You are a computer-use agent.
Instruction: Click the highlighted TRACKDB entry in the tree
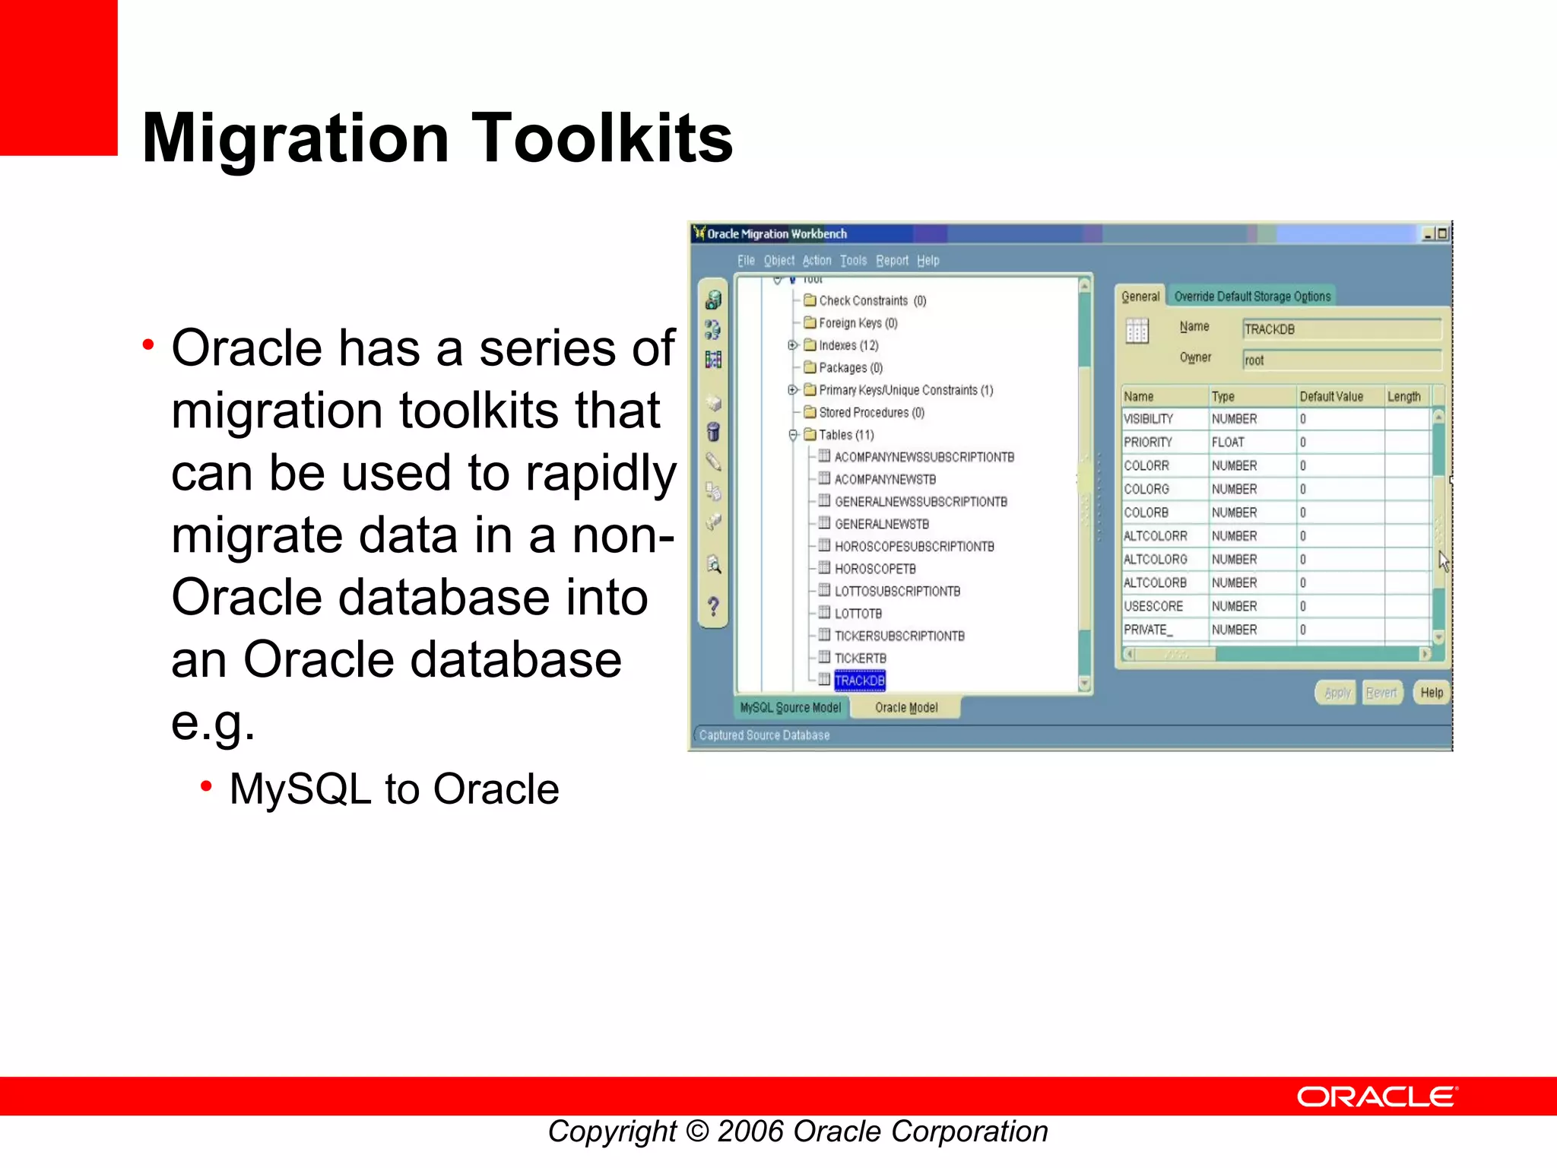coord(859,681)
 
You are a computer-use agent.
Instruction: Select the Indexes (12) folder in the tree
coord(848,345)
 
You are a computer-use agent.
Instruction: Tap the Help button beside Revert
coord(1431,693)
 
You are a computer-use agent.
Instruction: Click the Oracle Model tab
coord(905,708)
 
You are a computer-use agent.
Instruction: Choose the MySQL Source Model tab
coord(790,708)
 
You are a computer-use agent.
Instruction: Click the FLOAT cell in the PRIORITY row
coord(1228,443)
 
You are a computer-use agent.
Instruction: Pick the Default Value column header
coord(1330,397)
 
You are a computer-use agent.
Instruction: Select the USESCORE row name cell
coord(1153,607)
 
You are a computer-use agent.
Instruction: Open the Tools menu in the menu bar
coord(853,261)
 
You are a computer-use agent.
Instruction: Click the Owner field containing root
coord(1341,360)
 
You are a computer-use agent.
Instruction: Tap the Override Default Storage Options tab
coord(1251,297)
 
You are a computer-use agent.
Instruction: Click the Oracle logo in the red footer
coord(1376,1097)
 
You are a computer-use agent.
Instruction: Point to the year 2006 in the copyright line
coord(750,1131)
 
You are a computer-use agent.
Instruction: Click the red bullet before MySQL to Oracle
coord(206,786)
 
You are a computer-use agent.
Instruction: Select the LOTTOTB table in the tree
coord(858,614)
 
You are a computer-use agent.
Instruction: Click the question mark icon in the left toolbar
coord(713,607)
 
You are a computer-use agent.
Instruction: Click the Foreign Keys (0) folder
coord(858,323)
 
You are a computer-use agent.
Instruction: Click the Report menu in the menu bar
coord(892,261)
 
